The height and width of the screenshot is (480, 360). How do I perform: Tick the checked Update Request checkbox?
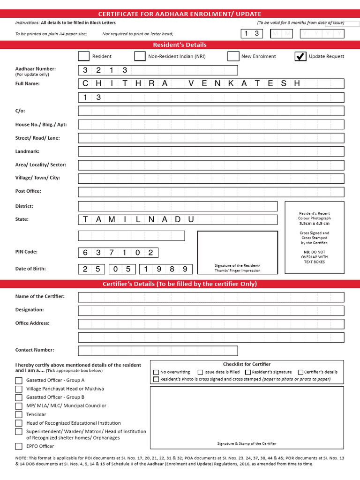300,56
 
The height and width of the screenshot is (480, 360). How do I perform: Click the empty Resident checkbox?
83,56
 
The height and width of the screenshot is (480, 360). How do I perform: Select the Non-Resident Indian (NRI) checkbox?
140,56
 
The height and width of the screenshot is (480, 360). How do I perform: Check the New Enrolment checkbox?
233,56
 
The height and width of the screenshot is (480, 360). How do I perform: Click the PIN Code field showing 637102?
118,253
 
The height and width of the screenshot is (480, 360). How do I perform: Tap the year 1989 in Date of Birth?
166,269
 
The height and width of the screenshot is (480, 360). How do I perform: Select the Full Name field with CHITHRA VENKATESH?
211,83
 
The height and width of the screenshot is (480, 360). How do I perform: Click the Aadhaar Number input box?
157,70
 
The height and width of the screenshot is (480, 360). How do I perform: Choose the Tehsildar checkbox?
19,414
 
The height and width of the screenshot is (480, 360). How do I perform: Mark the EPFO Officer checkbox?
19,446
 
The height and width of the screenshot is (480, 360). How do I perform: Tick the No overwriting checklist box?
156,372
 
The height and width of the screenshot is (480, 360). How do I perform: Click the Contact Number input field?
157,351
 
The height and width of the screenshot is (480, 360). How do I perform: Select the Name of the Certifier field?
211,297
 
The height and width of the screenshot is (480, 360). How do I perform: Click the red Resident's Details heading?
180,45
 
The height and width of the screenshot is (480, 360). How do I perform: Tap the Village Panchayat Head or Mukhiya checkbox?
19,389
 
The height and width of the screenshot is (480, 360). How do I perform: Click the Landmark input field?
211,151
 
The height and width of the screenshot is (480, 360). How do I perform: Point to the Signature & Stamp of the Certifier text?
247,443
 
